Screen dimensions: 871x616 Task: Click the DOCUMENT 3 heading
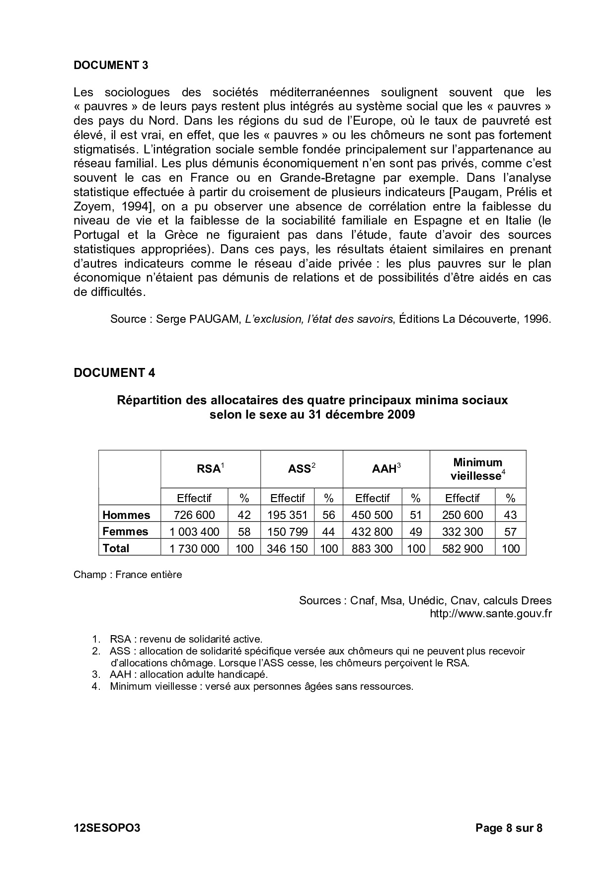point(111,65)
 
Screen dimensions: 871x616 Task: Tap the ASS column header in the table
point(302,469)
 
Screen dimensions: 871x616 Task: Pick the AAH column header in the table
point(386,469)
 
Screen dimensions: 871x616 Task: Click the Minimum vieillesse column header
point(477,469)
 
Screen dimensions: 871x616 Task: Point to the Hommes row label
point(126,515)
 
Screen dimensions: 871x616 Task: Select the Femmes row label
point(125,532)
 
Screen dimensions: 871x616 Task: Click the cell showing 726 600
point(194,515)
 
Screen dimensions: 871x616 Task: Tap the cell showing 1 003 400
point(194,532)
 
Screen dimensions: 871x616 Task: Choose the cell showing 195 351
point(287,515)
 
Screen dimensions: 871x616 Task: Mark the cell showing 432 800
point(372,532)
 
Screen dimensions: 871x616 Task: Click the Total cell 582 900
point(462,549)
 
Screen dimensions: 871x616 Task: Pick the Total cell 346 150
point(287,549)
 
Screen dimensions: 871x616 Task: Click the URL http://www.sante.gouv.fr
point(490,614)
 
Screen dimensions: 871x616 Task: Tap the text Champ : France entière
point(128,575)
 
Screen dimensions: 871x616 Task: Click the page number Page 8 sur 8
point(509,828)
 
